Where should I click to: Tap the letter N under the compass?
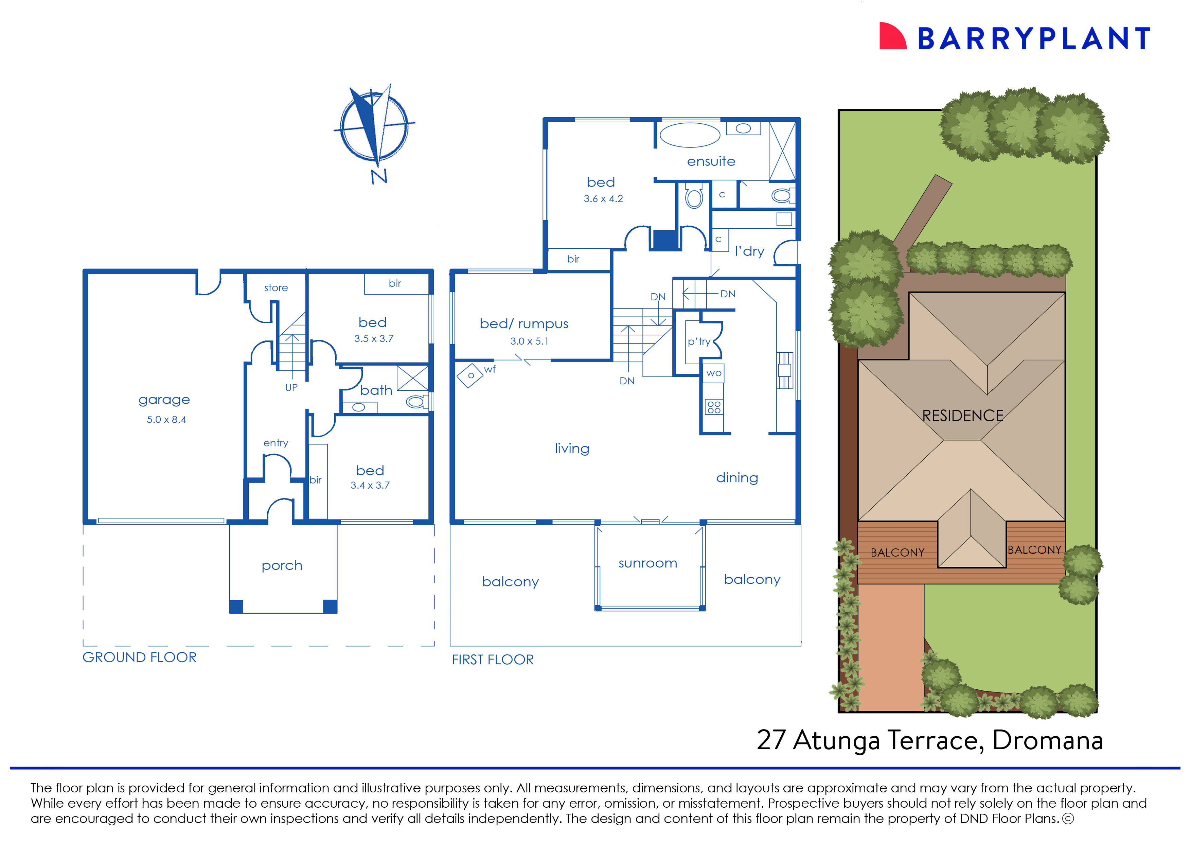(379, 176)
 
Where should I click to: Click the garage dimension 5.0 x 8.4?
(166, 419)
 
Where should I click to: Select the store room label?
(275, 287)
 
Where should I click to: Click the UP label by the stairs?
(291, 387)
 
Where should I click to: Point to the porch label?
(282, 565)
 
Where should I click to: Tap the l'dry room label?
(749, 251)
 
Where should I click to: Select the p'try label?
(698, 341)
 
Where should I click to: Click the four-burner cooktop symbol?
(714, 407)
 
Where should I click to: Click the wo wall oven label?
(714, 373)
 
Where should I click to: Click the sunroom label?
(648, 563)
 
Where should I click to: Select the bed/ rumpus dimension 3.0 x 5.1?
(529, 341)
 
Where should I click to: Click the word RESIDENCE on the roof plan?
(963, 415)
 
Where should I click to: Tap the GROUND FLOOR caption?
(140, 657)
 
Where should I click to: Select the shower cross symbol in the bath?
(412, 378)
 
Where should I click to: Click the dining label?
(737, 477)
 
